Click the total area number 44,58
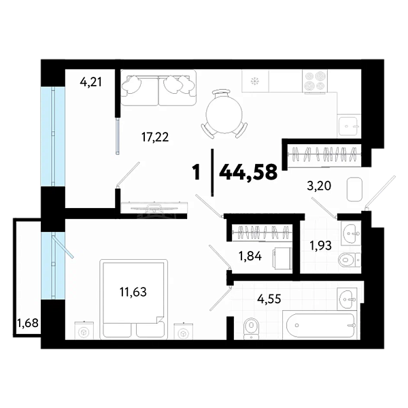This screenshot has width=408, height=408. [x=248, y=173]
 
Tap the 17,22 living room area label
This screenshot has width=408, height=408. [x=155, y=137]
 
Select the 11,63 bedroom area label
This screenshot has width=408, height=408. [x=133, y=292]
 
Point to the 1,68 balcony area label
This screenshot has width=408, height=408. [x=27, y=323]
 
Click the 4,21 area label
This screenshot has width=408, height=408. [x=90, y=82]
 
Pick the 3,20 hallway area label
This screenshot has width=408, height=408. [x=319, y=186]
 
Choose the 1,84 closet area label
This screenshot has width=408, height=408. [x=250, y=256]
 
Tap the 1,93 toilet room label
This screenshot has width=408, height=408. [x=320, y=245]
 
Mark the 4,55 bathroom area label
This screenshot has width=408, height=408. [x=269, y=299]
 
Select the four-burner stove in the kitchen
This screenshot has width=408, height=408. [x=315, y=81]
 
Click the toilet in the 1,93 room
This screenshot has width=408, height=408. [x=350, y=260]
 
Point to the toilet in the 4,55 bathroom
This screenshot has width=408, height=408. [x=252, y=328]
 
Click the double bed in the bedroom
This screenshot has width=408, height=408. [x=133, y=299]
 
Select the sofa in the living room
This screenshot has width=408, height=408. [x=158, y=88]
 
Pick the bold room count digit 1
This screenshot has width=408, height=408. [x=197, y=173]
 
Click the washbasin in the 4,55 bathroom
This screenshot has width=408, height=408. [x=347, y=299]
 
